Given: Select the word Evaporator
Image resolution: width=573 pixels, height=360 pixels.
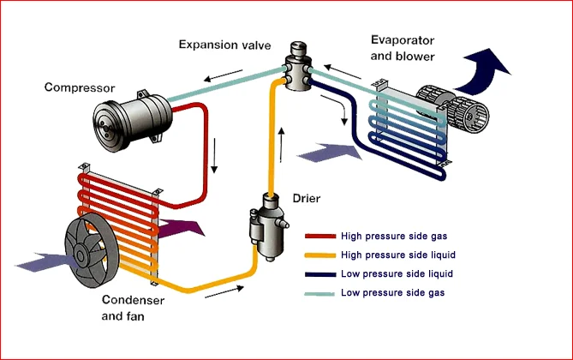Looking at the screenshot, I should pos(403,40).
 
